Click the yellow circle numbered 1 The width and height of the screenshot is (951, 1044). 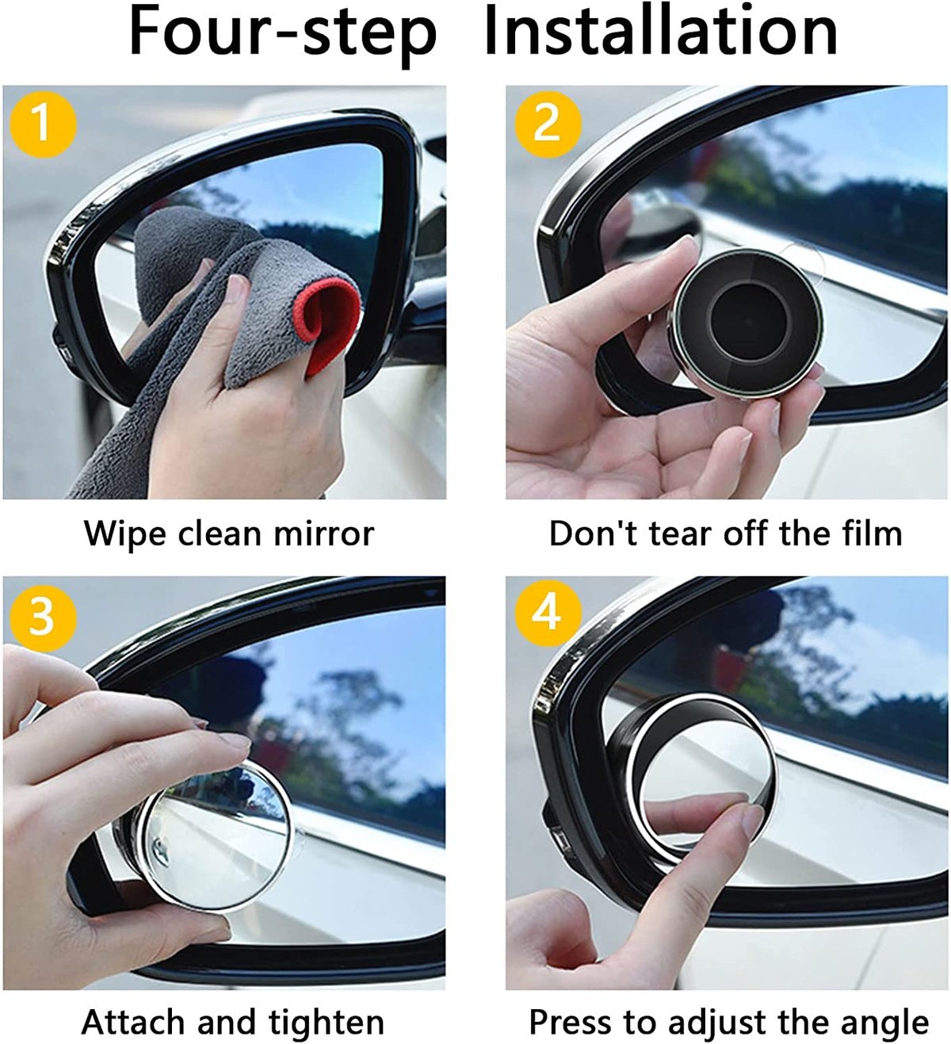click(43, 124)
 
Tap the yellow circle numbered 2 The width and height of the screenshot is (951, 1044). click(548, 124)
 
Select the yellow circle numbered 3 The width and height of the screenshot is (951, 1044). click(43, 615)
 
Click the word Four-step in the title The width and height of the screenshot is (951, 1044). click(282, 32)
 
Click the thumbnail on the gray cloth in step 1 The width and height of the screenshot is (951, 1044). click(236, 288)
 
